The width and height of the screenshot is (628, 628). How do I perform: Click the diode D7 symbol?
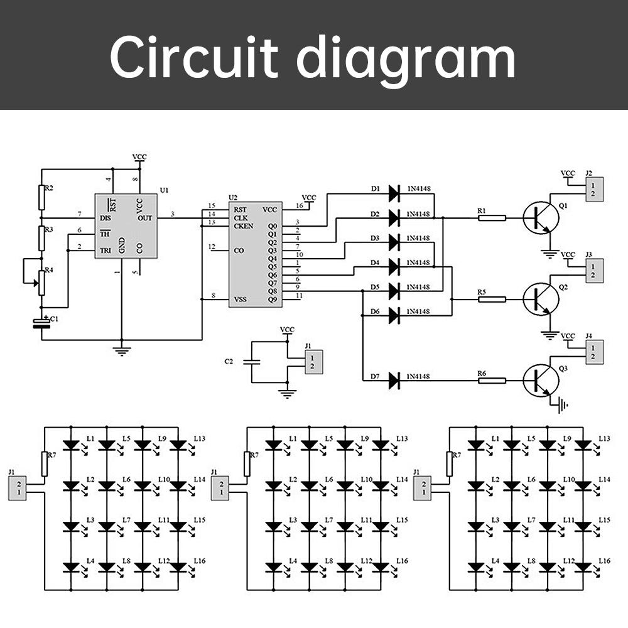394,379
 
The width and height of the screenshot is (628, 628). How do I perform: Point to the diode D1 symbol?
394,193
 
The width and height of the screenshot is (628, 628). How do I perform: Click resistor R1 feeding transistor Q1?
492,218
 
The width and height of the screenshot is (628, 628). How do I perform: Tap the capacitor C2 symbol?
251,362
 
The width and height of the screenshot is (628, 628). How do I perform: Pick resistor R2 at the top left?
42,198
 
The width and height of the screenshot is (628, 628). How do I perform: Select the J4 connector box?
594,352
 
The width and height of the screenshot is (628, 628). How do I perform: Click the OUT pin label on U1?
144,217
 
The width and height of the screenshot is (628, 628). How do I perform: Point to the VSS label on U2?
239,300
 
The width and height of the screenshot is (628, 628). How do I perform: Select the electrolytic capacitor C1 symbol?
42,324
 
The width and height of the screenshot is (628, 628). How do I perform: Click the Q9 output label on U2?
272,300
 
